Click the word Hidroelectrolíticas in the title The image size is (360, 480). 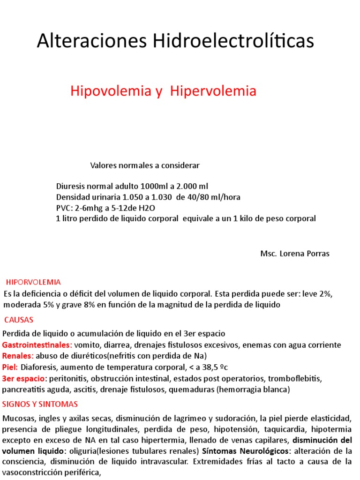(x=232, y=41)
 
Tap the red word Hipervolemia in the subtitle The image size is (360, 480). (x=213, y=91)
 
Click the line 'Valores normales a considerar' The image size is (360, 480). (x=144, y=165)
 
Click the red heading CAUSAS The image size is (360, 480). (x=19, y=320)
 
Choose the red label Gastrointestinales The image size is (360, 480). (x=37, y=345)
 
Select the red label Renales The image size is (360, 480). (x=18, y=356)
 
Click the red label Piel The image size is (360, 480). (x=10, y=367)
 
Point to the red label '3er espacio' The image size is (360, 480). (x=24, y=378)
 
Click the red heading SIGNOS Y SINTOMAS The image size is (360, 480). (x=40, y=404)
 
